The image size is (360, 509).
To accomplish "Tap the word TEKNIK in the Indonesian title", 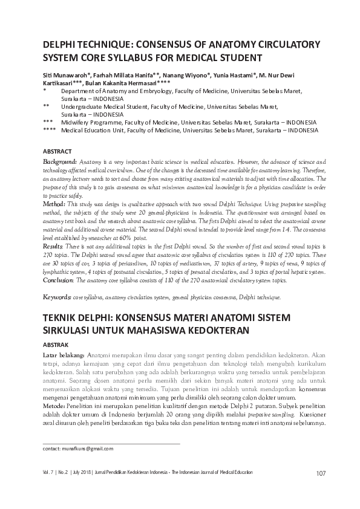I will coord(64,318).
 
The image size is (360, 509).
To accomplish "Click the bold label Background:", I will coord(60,163).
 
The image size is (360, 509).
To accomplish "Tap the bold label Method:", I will coord(54,205).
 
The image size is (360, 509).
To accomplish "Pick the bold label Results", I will coord(53,247).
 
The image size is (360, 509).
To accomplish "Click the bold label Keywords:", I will coord(57,297).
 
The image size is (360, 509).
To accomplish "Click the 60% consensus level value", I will coord(143,238).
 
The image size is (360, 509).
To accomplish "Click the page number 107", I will coord(321,473).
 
